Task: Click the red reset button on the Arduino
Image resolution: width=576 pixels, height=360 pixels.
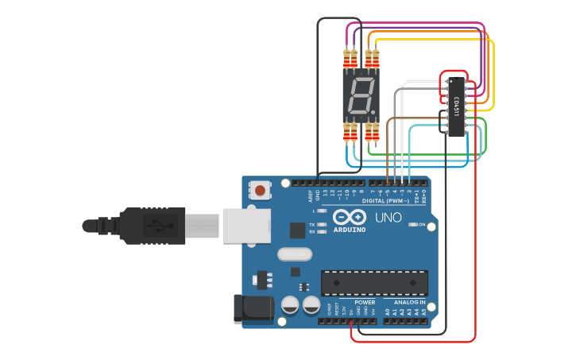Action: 260,190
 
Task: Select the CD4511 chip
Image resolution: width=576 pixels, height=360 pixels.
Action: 456,106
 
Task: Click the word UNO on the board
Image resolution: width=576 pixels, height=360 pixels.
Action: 389,217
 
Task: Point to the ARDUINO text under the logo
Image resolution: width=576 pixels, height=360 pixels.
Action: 350,230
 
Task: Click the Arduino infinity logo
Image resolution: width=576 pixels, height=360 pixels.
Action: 350,217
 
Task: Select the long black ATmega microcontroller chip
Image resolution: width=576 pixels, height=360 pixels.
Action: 374,283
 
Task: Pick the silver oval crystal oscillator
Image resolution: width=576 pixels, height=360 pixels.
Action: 296,254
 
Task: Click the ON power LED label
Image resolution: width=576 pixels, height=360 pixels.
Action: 421,225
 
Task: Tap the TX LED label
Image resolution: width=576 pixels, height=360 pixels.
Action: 311,225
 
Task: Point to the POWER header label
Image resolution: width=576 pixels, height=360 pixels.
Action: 365,303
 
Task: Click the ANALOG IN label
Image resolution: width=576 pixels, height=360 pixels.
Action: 409,303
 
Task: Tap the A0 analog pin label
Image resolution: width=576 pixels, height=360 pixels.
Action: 388,312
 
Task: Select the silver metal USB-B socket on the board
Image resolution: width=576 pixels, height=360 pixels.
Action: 242,226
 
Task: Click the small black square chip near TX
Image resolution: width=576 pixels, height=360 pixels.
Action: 298,230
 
